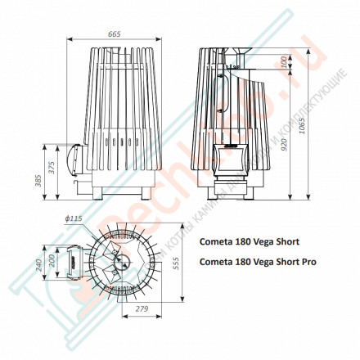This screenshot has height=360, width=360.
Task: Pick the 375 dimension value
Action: [x=52, y=170]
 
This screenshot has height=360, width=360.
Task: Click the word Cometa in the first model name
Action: [x=217, y=242]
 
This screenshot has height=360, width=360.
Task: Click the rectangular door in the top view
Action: [x=71, y=263]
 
